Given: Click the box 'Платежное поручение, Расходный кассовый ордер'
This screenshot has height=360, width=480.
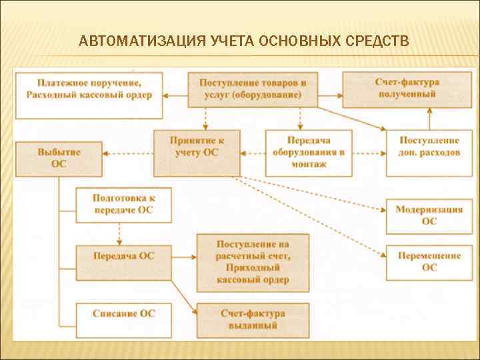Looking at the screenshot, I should [x=89, y=89].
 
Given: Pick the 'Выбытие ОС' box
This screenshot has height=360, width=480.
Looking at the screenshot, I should [x=59, y=158].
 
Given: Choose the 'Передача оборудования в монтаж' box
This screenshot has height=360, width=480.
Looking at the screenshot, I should [x=309, y=153].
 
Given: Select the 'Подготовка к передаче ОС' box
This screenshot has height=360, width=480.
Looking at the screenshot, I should [x=123, y=205].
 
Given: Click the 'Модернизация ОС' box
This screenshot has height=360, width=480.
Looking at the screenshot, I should [x=429, y=216].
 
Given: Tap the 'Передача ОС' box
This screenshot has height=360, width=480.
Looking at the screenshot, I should [x=123, y=255].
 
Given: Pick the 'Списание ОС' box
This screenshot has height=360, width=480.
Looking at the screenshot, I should [x=123, y=313].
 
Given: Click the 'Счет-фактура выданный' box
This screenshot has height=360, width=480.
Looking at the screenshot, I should [x=253, y=319].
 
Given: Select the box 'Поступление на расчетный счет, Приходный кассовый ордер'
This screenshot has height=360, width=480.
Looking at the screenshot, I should [x=253, y=262].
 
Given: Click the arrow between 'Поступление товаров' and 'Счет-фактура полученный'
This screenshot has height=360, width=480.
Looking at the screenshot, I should [x=330, y=93].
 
